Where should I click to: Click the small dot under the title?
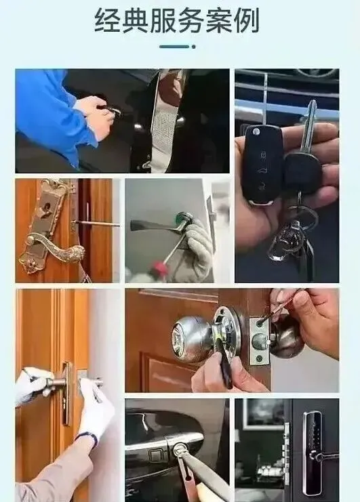(193, 47)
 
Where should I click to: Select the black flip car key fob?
(262, 164)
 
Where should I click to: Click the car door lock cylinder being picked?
(180, 449)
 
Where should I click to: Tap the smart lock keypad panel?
(313, 448)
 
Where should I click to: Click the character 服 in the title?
(163, 20)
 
